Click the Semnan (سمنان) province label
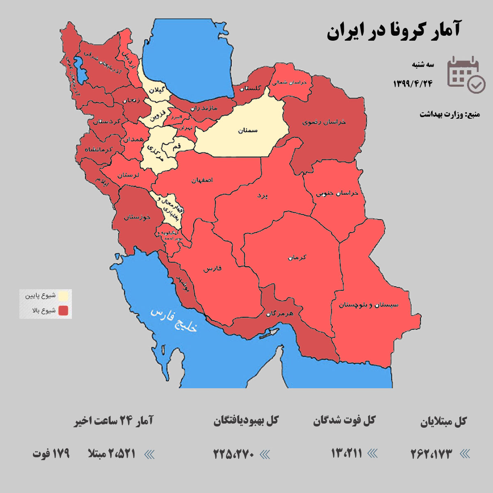(248, 130)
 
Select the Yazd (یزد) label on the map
(262, 196)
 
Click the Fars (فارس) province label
(212, 269)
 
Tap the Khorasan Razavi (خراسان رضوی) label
(324, 122)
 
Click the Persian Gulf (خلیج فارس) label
(174, 320)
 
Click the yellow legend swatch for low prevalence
(63, 296)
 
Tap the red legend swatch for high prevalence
(63, 311)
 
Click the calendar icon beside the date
(466, 74)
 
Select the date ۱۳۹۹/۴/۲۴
(413, 83)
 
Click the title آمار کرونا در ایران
(393, 31)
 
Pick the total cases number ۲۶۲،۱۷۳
(431, 454)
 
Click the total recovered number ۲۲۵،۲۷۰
(234, 454)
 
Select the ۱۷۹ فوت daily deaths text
(51, 454)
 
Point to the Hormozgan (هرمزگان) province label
(280, 313)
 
